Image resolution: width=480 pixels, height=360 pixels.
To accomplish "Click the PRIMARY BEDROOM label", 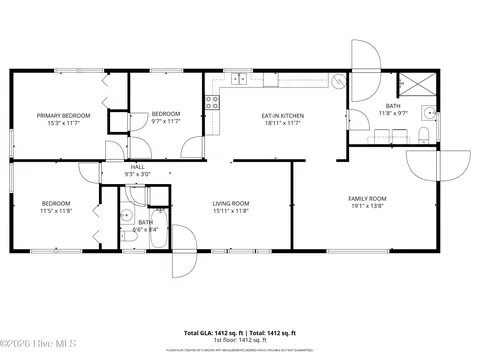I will click(63, 116).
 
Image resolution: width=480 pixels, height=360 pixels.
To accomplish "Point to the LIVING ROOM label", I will click(230, 204).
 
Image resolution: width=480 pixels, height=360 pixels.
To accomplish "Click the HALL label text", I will click(137, 167).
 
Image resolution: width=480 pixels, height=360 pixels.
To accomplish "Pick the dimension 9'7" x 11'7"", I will click(165, 123).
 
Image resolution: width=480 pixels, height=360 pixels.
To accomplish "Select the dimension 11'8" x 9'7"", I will click(393, 113).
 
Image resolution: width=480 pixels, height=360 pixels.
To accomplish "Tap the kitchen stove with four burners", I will click(212, 100).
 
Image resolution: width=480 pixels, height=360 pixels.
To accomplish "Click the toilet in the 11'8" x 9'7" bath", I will click(425, 135).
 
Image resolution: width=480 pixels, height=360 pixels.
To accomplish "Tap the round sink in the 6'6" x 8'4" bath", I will click(128, 215).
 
